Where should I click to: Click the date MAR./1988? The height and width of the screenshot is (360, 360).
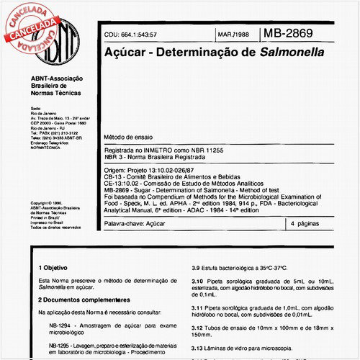click(x=233, y=34)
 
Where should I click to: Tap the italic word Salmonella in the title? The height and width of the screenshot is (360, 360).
click(x=292, y=52)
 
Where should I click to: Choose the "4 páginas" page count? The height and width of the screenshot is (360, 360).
click(x=307, y=224)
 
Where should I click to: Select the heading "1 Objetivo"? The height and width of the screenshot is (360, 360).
click(x=56, y=287)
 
